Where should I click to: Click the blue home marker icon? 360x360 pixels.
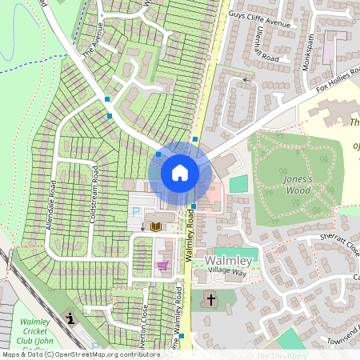point(180,173)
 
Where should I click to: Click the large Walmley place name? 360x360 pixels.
point(229,262)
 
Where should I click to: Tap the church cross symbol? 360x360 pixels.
point(211,301)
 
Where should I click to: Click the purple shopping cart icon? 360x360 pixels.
point(163,266)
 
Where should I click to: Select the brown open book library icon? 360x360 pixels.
point(155,227)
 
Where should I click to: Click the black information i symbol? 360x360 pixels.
point(72,318)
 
